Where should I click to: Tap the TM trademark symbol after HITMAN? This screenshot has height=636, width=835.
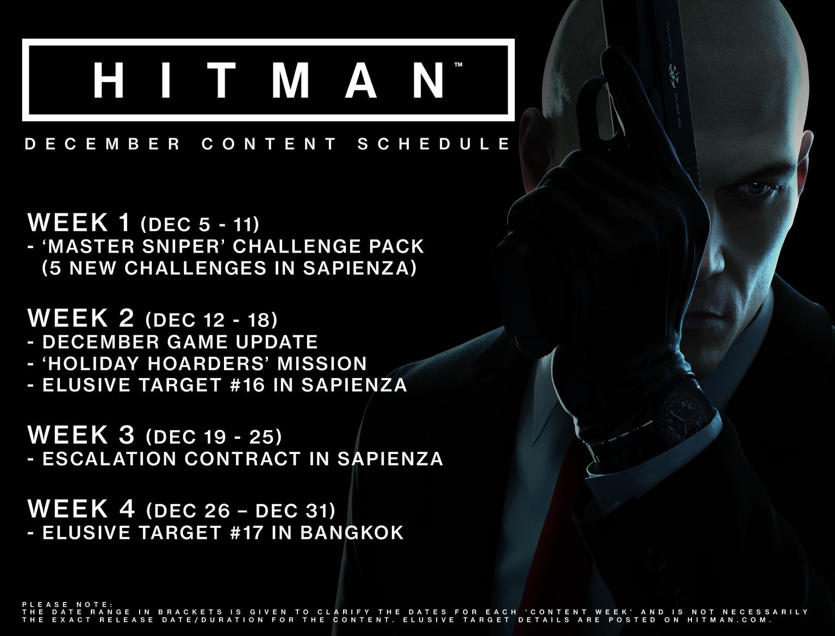coord(458,65)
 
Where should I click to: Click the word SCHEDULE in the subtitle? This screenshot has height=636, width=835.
coord(434,144)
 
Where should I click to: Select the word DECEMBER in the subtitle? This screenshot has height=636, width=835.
coord(103,144)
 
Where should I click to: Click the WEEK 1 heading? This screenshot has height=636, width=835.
coord(79,222)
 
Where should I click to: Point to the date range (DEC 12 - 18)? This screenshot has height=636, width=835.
coord(211,320)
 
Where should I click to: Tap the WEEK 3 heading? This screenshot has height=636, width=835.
coord(81,435)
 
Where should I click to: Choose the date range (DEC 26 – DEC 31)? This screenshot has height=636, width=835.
coord(240,511)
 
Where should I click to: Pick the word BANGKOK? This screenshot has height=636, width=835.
coord(352,533)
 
